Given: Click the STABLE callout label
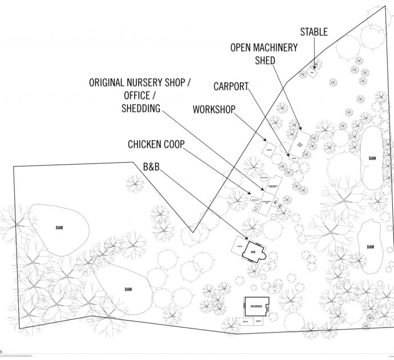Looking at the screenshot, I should pyautogui.click(x=313, y=32).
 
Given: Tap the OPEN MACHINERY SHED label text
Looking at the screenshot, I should pyautogui.click(x=264, y=54).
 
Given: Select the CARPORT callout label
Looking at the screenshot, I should pyautogui.click(x=231, y=87).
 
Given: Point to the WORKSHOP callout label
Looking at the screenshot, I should pyautogui.click(x=214, y=109).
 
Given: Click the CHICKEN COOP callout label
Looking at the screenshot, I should pyautogui.click(x=156, y=145).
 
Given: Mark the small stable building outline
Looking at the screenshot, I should pyautogui.click(x=312, y=73).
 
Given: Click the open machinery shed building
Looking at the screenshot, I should pyautogui.click(x=300, y=145).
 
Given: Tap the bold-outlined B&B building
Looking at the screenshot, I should pyautogui.click(x=254, y=251).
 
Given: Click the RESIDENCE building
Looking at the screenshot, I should pyautogui.click(x=256, y=307).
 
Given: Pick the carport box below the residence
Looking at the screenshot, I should pyautogui.click(x=258, y=322).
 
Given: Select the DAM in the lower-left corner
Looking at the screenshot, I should pyautogui.click(x=128, y=290).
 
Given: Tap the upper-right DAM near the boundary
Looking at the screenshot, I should pyautogui.click(x=372, y=158).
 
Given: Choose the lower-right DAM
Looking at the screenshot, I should pyautogui.click(x=371, y=246).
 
